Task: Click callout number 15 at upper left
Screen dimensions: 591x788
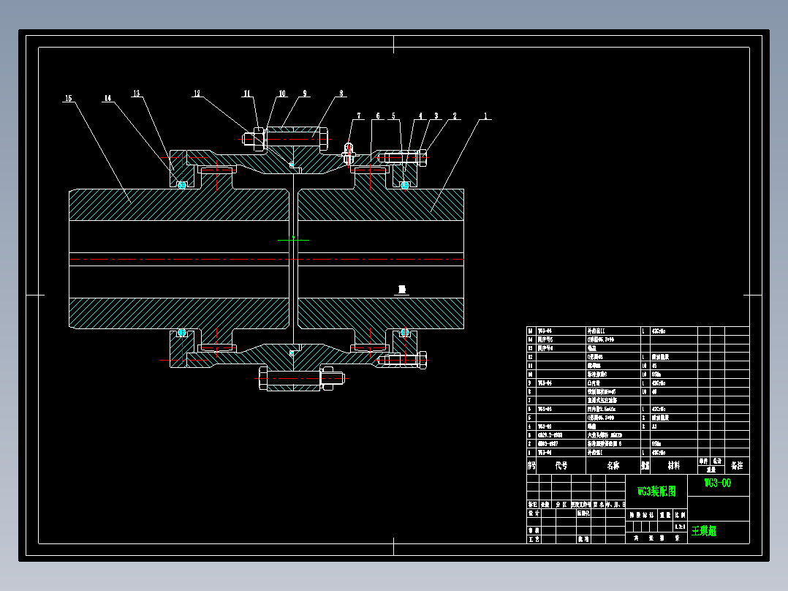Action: click(x=69, y=97)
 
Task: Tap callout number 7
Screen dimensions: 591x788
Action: click(x=359, y=116)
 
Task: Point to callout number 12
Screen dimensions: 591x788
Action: click(x=197, y=94)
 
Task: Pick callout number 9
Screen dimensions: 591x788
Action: click(x=305, y=94)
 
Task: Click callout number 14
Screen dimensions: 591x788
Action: click(x=107, y=97)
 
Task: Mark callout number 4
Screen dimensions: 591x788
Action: click(x=421, y=116)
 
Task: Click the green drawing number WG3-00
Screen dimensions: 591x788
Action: click(x=717, y=483)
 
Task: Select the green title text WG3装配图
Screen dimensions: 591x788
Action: click(x=656, y=491)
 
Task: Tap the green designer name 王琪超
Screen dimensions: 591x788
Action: click(x=704, y=531)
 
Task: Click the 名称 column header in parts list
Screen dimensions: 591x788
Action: click(x=612, y=465)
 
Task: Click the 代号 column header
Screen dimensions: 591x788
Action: click(x=561, y=465)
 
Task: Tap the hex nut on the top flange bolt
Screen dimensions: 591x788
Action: click(x=258, y=138)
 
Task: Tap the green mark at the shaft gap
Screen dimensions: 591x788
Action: click(x=292, y=239)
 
